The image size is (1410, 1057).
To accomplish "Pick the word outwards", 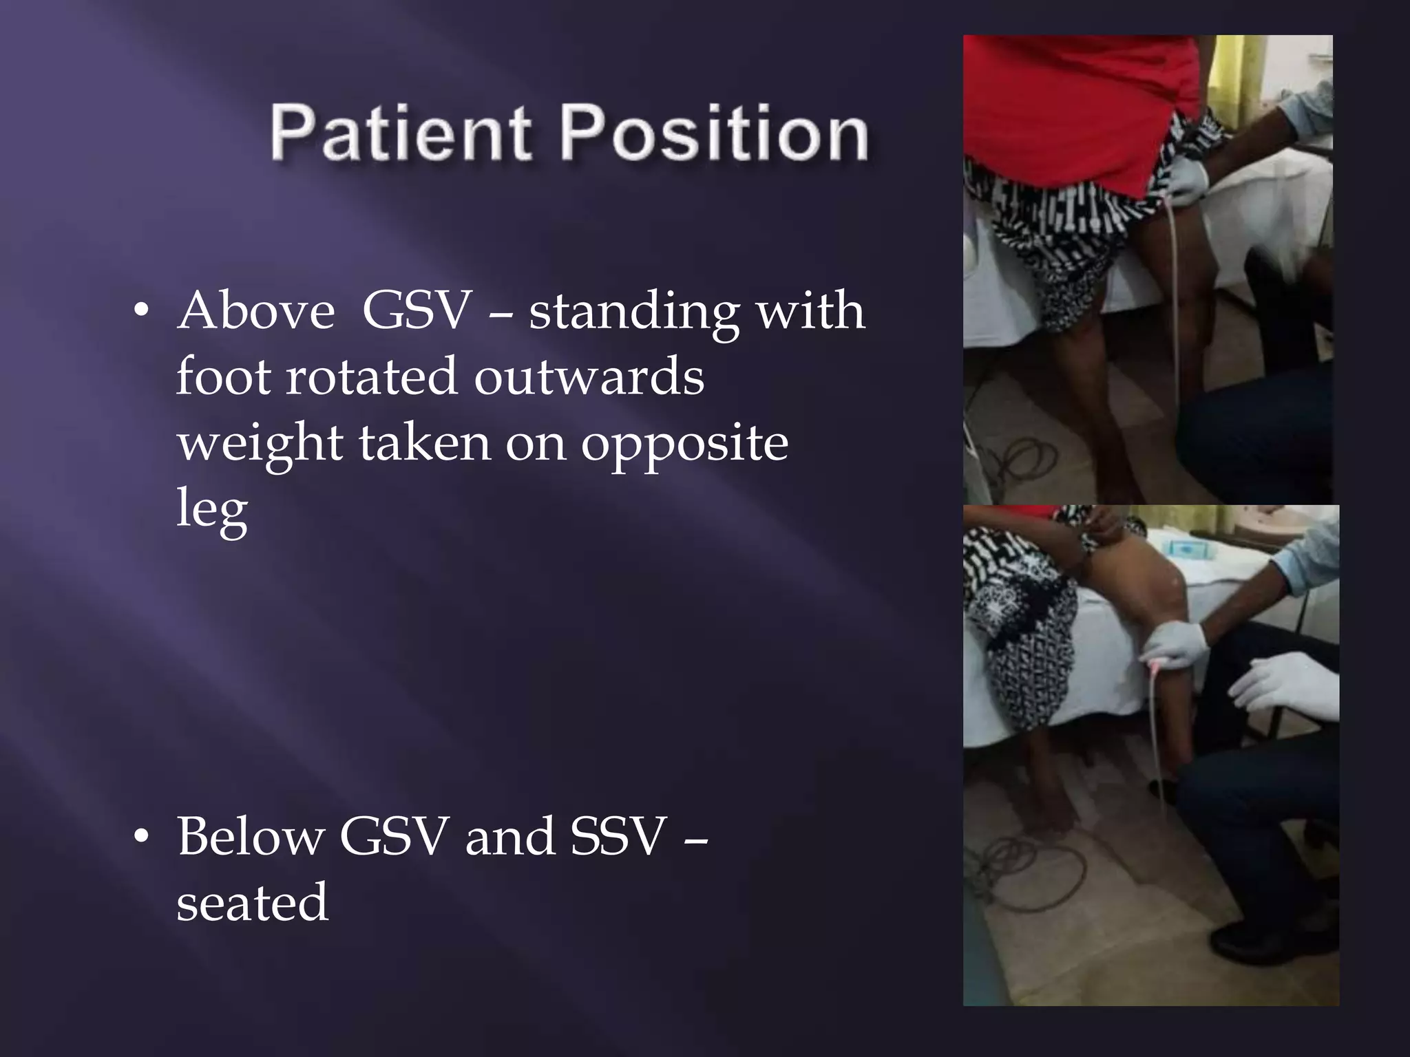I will (x=589, y=376).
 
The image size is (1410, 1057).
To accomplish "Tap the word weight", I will (x=260, y=444).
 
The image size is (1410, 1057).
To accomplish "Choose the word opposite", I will (x=684, y=444).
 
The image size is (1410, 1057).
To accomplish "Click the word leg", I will (x=211, y=511).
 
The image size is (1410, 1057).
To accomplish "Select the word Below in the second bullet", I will (x=251, y=836).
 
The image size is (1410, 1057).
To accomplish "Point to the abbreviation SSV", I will (x=618, y=836).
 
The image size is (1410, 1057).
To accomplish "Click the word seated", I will (x=252, y=902).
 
